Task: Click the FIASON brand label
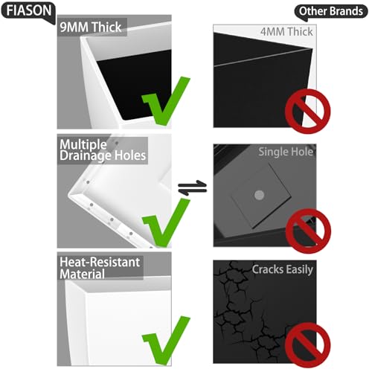coord(29,11)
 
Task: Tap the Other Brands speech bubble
coord(331,11)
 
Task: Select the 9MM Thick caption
coord(91,27)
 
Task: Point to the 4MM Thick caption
coord(286,32)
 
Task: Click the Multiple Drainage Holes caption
coord(103,150)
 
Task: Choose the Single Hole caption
coord(286,152)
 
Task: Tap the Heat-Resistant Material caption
coord(100,268)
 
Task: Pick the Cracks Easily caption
coord(283,269)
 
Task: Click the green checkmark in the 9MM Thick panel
coord(166,101)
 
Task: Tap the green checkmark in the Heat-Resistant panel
coord(166,341)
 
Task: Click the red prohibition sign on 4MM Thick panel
coord(307,112)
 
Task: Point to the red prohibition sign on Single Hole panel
coord(308,231)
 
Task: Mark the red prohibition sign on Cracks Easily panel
coord(307,345)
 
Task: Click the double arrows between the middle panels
coord(193,187)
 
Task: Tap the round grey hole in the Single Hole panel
coord(259,195)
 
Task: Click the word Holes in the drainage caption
coord(130,155)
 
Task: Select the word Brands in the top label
coord(347,11)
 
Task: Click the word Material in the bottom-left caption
coord(82,274)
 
